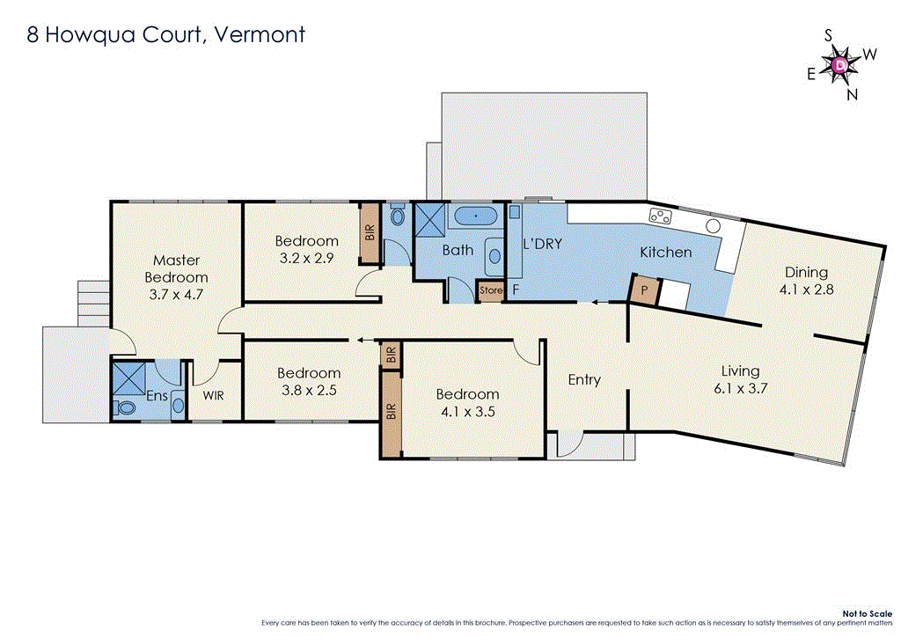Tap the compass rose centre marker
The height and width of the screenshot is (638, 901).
[840, 64]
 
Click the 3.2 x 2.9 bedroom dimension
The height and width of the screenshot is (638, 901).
[306, 259]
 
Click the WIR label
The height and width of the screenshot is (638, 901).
[213, 396]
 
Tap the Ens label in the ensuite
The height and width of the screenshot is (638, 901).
[157, 396]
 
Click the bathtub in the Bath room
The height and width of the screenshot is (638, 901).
[476, 215]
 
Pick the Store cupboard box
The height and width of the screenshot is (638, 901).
[490, 290]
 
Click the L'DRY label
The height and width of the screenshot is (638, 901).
[542, 244]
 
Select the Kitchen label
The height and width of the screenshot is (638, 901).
[665, 253]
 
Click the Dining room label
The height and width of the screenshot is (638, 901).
[806, 272]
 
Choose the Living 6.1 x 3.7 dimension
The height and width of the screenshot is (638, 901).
[740, 387]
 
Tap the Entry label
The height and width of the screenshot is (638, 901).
[584, 379]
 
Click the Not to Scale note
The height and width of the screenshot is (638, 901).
[867, 613]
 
